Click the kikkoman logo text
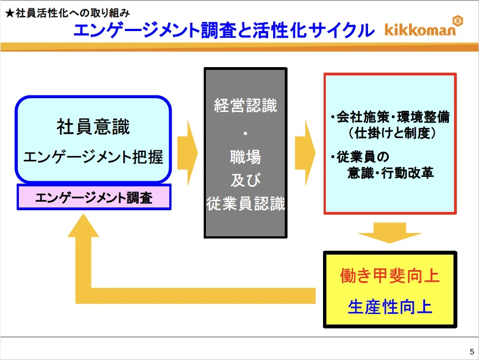pos(419,29)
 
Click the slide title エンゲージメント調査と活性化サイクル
pos(224,30)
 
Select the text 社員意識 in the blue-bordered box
pos(93,127)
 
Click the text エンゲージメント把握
pos(93,157)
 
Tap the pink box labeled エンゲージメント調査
pos(94,197)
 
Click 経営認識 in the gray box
pos(245,105)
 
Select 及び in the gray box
pos(245,181)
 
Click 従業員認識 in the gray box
pos(245,204)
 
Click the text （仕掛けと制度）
pos(391,134)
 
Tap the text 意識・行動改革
pos(390,173)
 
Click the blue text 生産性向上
pos(390,306)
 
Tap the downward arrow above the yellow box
pos(390,232)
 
